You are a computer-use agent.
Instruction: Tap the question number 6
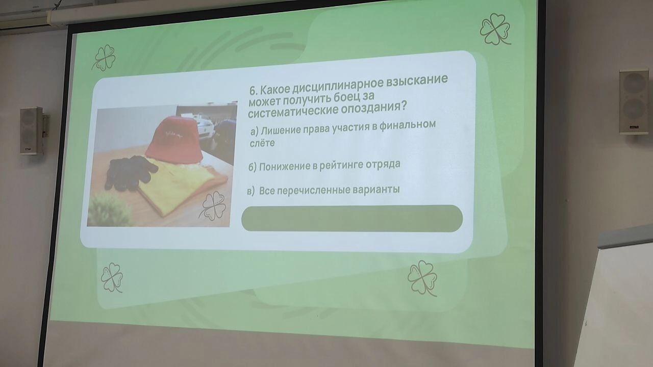(253, 91)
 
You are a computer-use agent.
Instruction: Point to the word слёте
(262, 143)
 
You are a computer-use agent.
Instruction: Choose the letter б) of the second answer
(253, 168)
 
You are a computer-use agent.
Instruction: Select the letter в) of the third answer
(250, 191)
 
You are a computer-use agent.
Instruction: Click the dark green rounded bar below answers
(352, 218)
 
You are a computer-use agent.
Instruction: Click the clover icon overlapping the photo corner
(213, 205)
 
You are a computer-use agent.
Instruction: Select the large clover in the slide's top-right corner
(495, 29)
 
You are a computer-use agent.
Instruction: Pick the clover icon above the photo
(104, 58)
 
